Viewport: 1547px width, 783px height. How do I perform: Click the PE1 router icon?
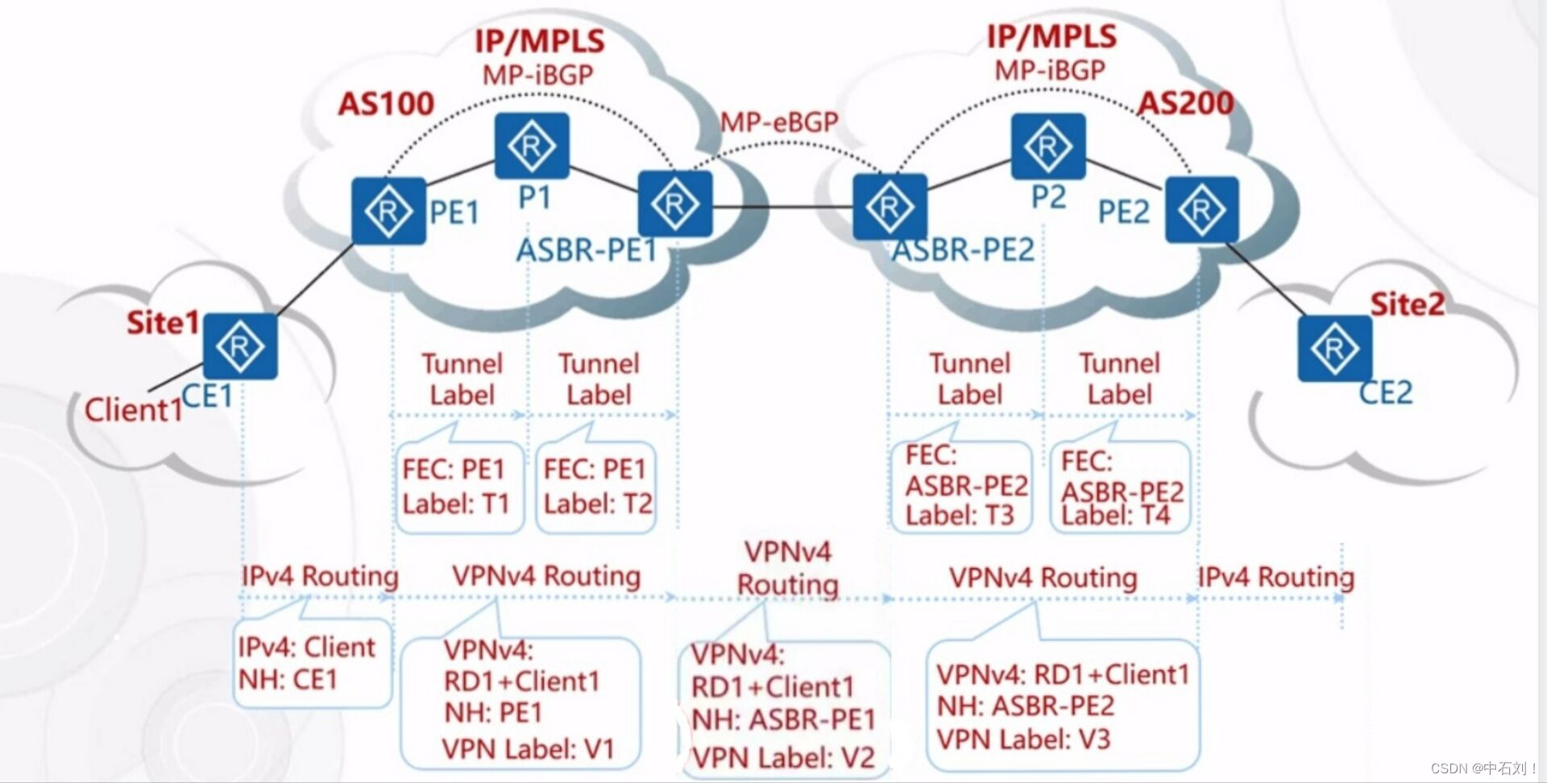pos(388,211)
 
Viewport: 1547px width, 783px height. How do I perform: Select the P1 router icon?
pos(531,146)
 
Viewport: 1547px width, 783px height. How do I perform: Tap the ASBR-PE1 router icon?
pos(675,204)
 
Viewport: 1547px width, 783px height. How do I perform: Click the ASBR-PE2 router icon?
pos(890,207)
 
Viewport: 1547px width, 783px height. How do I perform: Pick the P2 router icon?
pos(1047,146)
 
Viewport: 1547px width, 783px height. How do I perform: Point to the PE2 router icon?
pos(1201,209)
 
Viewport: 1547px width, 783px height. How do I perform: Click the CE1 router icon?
pos(239,346)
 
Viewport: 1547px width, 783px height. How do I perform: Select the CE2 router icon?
pos(1334,348)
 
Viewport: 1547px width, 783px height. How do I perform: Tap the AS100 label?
pos(386,104)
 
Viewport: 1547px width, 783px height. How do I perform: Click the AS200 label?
pos(1184,103)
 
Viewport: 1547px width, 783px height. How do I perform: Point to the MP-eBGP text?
pos(779,122)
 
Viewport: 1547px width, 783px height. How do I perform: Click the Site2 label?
pos(1407,304)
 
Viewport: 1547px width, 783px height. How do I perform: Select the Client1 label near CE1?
pos(134,410)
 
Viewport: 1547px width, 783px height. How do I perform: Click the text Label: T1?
pos(456,504)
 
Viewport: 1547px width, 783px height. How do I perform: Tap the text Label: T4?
pos(1115,515)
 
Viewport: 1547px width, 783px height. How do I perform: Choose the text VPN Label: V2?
pos(783,757)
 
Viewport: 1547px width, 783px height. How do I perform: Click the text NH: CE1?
pos(288,680)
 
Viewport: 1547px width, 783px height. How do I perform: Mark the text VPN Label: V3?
pos(1023,739)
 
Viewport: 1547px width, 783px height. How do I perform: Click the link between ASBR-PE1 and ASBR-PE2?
pos(782,207)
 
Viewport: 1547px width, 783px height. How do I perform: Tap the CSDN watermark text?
pos(1483,768)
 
